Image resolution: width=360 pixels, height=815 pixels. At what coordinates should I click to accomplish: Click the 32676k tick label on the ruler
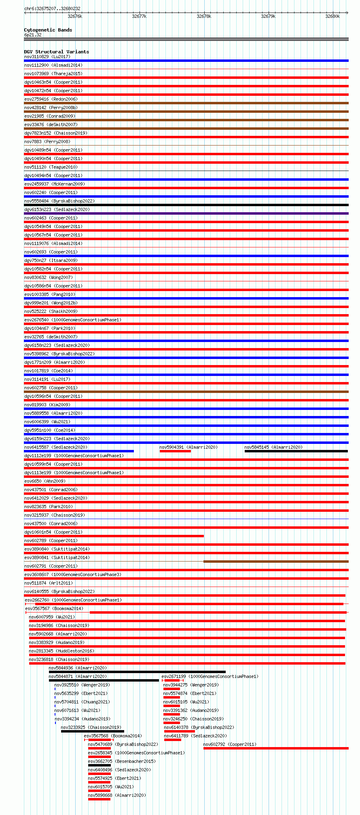click(x=75, y=16)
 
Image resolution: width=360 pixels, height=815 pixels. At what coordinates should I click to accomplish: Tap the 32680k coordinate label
click(x=332, y=16)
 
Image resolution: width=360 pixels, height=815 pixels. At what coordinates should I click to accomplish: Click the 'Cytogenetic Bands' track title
click(x=48, y=30)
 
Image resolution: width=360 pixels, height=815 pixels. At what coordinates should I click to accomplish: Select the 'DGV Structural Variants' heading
click(x=56, y=52)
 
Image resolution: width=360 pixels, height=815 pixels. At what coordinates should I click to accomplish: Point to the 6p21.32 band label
click(x=33, y=35)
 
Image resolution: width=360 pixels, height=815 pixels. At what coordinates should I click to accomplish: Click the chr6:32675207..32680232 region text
click(x=52, y=8)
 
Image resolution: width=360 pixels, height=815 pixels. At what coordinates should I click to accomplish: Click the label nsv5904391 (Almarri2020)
click(x=188, y=447)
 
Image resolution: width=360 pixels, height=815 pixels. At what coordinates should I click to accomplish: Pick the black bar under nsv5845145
click(x=296, y=451)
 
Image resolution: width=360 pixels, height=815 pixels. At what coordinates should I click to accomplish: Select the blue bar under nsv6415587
click(x=79, y=451)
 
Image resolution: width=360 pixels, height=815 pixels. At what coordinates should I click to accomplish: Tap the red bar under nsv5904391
click(x=175, y=451)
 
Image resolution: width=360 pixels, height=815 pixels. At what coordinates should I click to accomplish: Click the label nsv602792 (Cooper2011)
click(x=229, y=744)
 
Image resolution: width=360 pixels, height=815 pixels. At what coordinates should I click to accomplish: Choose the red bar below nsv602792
click(x=276, y=748)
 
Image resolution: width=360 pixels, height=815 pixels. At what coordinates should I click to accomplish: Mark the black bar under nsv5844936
click(x=137, y=672)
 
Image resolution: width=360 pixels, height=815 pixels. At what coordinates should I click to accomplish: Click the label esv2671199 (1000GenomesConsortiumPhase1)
click(x=210, y=676)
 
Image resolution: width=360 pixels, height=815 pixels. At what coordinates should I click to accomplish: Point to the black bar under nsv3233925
click(x=92, y=731)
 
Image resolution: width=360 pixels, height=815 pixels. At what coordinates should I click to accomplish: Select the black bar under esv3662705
click(x=99, y=765)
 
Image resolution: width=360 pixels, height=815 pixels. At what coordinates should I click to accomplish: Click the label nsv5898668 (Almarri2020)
click(x=117, y=795)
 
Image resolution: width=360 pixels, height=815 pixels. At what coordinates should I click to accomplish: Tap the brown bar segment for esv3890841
click(x=276, y=562)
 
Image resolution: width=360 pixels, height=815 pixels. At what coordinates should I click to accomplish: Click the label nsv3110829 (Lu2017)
click(x=47, y=57)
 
